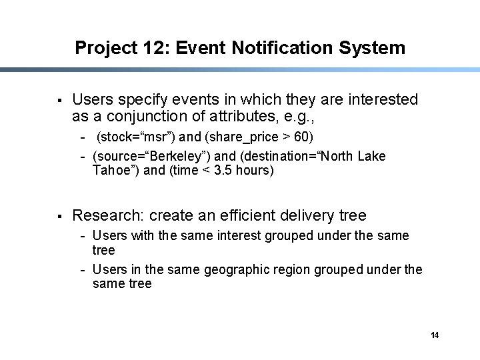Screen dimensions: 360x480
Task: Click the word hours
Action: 254,170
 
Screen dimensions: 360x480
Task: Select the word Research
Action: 107,215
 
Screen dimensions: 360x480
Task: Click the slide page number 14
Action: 435,335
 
